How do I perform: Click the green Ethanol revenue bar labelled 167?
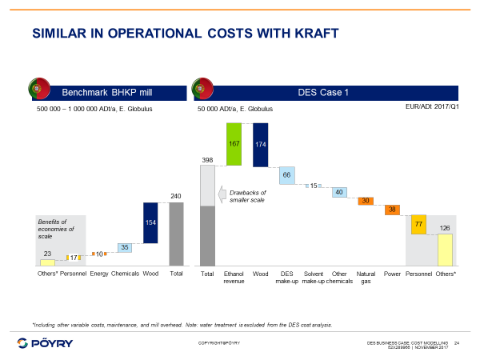click(234, 145)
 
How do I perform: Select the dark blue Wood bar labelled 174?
click(260, 145)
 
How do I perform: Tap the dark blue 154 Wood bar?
click(150, 222)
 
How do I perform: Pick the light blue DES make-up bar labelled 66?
click(286, 175)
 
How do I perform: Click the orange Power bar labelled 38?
click(392, 210)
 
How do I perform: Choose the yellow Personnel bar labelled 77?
click(418, 225)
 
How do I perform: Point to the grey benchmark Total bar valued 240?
click(176, 234)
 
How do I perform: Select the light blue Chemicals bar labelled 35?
click(125, 248)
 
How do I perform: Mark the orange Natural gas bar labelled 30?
click(366, 201)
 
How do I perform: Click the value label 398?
click(207, 160)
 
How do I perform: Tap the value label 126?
click(445, 228)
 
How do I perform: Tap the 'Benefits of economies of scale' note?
click(56, 229)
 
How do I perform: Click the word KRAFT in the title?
click(306, 33)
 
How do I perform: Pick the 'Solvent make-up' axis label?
click(313, 278)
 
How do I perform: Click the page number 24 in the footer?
click(457, 342)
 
